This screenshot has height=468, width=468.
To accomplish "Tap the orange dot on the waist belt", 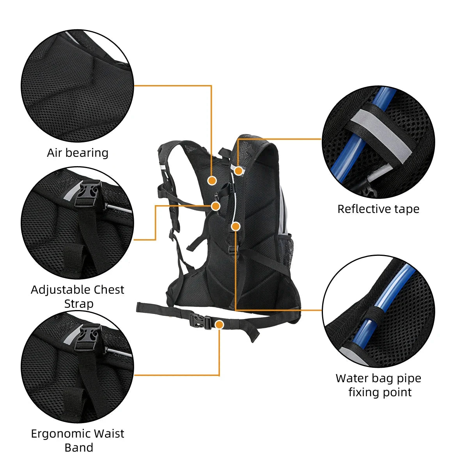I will click(x=220, y=324).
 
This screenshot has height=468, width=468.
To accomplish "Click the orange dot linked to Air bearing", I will click(x=212, y=180).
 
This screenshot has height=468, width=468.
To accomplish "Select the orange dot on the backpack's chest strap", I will click(x=215, y=206).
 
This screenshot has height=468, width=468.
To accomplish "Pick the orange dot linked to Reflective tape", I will click(x=238, y=170).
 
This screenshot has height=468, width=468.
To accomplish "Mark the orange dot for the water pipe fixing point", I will click(x=235, y=226).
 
